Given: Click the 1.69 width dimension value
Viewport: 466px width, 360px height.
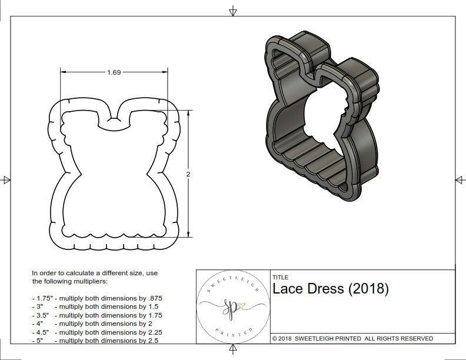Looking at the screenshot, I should point(114,72).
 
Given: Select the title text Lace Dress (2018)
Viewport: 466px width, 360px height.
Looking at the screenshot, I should point(330,289).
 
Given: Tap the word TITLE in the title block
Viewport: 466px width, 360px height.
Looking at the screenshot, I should point(280,277).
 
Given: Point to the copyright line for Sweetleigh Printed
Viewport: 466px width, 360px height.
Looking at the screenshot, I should point(352,338).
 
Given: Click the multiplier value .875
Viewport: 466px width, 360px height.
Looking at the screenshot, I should point(154,298).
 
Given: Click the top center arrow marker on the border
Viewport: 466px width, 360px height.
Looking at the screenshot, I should point(233,11).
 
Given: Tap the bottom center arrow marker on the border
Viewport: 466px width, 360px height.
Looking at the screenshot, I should point(233,350).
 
